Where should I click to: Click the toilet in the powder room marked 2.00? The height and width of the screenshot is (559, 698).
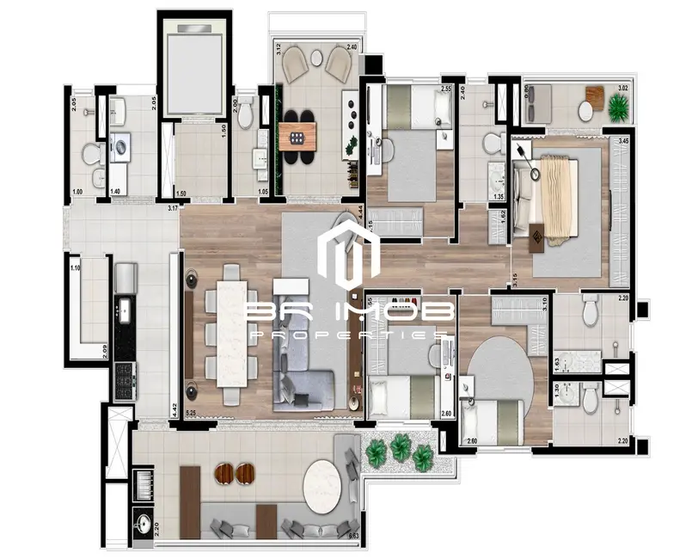pyautogui.click(x=247, y=112)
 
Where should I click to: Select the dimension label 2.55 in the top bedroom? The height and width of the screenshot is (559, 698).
pyautogui.click(x=445, y=89)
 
